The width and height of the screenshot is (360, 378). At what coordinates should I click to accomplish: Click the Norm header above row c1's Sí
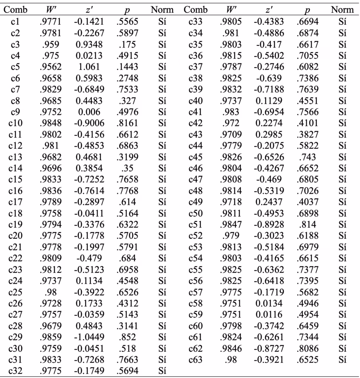tap(162, 10)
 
